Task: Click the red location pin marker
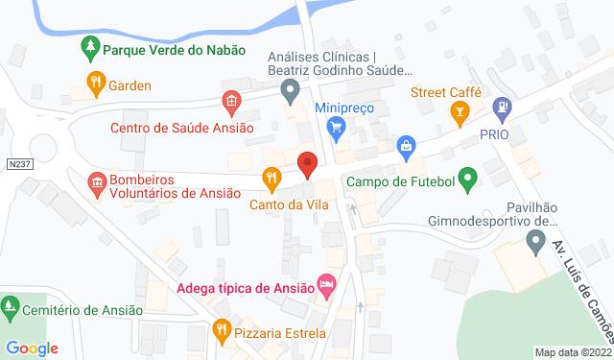coord(307,163)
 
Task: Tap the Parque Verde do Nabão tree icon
coord(90,47)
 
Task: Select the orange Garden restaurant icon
coord(95,84)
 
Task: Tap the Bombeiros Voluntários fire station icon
coord(95,180)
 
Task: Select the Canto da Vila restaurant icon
coord(273,178)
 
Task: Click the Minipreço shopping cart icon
coord(336,125)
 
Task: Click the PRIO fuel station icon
coord(498,108)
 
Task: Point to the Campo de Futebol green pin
coord(467,179)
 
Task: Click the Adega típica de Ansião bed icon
coord(327,285)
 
